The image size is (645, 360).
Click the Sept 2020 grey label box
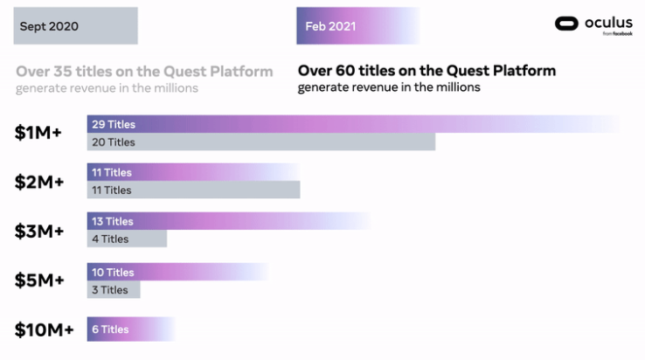pyautogui.click(x=75, y=26)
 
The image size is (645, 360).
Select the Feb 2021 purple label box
pyautogui.click(x=357, y=26)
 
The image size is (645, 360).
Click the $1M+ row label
pyautogui.click(x=39, y=133)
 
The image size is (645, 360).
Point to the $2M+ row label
pyautogui.click(x=39, y=182)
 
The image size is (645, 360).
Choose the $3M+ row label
pyautogui.click(x=39, y=231)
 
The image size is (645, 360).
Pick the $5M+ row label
pyautogui.click(x=39, y=280)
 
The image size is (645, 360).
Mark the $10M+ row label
pyautogui.click(x=44, y=329)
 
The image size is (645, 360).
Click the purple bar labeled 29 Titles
pyautogui.click(x=350, y=124)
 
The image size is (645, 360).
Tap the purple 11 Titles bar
pyautogui.click(x=192, y=172)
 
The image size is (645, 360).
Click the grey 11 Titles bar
pyautogui.click(x=193, y=190)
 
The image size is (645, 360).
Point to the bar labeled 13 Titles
pyautogui.click(x=227, y=221)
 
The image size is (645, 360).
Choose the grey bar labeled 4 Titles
pyautogui.click(x=127, y=239)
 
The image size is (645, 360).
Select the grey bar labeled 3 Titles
pyautogui.click(x=114, y=289)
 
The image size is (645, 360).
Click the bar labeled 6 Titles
pyautogui.click(x=131, y=329)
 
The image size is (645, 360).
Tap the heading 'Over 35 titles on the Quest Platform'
pyautogui.click(x=144, y=71)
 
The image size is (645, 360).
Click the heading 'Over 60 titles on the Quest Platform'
pyautogui.click(x=427, y=71)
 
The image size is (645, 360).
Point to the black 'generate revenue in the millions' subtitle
pyautogui.click(x=389, y=87)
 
